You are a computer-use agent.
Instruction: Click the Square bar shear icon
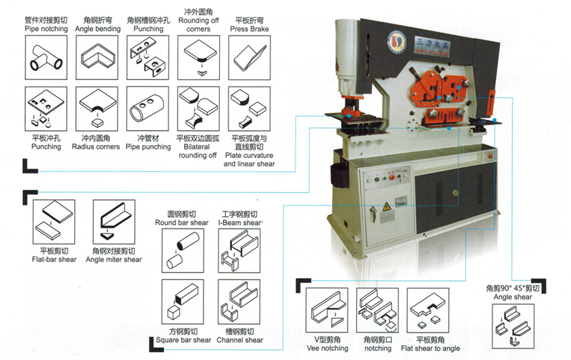click(181, 302)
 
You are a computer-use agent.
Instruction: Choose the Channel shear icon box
click(239, 302)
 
